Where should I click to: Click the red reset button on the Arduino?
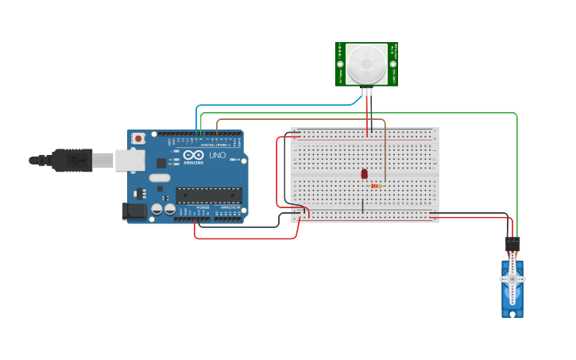pos(138,138)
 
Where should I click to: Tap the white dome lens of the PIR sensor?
pos(366,61)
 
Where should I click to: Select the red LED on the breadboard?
pos(364,173)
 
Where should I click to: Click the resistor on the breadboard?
pos(376,186)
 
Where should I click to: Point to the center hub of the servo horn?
pos(512,279)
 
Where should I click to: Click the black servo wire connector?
pos(512,244)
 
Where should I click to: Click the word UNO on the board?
pos(217,154)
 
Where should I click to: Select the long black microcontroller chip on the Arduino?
pos(209,195)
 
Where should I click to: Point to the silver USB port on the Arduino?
pos(130,161)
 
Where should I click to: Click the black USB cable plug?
pos(72,161)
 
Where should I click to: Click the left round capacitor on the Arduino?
pos(157,209)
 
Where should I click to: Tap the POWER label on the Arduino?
pos(203,207)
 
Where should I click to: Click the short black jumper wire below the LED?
pos(363,206)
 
